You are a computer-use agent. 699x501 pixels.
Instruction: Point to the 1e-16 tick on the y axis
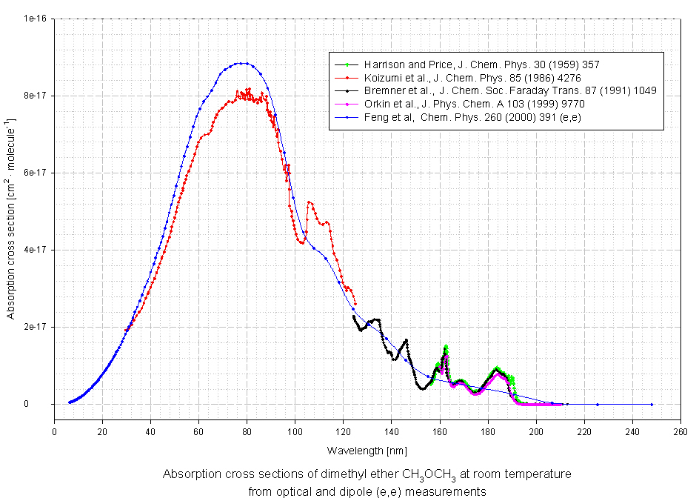(x=36, y=19)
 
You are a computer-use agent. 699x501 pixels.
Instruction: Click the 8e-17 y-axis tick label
(x=36, y=96)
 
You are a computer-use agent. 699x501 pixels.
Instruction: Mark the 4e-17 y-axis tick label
(x=36, y=250)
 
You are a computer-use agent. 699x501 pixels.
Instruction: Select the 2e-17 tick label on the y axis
(x=36, y=327)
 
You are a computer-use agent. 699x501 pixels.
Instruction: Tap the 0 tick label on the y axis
(x=46, y=404)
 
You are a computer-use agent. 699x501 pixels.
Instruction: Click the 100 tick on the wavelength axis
(x=295, y=431)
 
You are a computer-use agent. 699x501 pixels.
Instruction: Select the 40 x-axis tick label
(x=150, y=431)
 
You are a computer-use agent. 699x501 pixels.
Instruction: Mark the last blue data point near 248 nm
(x=652, y=405)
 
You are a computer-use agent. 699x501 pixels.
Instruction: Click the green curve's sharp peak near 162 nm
(x=446, y=346)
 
